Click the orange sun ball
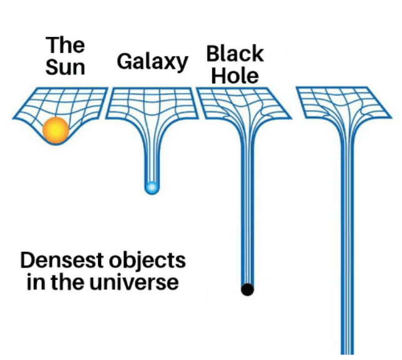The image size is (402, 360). [x=56, y=129]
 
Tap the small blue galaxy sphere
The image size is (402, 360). [x=150, y=187]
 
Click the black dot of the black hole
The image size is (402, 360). [x=247, y=289]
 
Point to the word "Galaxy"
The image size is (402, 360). [x=152, y=62]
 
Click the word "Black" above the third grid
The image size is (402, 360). [x=235, y=54]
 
